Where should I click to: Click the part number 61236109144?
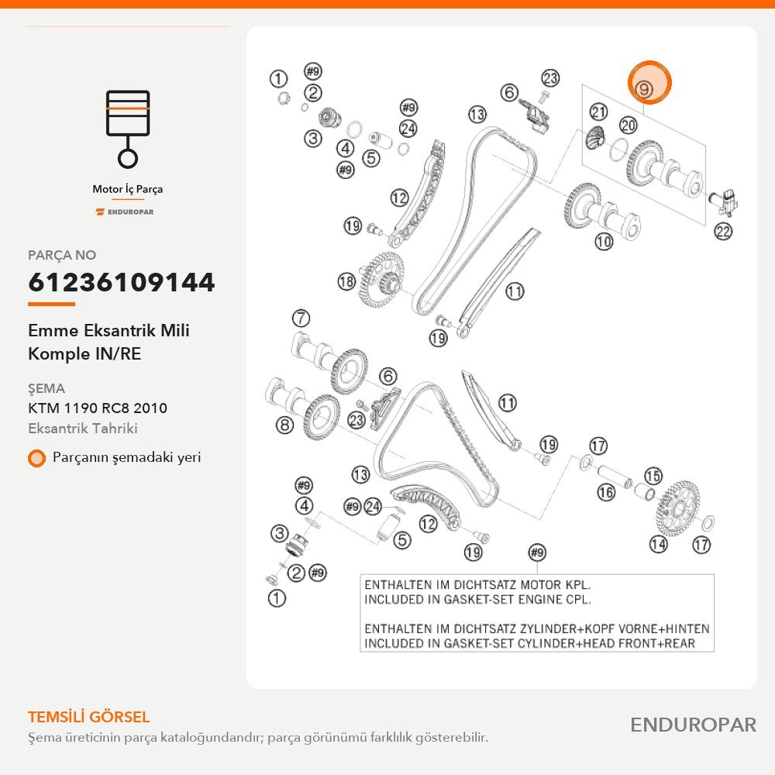point(122,282)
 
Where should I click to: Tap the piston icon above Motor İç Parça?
point(128,129)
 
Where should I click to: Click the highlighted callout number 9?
point(644,89)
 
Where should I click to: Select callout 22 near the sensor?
point(723,231)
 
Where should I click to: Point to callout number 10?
point(604,242)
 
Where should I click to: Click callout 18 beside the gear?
point(346,282)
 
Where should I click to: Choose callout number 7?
point(301,319)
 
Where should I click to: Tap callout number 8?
point(284,425)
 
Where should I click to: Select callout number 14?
point(658,544)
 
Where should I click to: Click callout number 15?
point(653,476)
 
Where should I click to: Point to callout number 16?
point(606,492)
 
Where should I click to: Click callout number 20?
point(629,125)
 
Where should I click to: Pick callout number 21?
point(598,112)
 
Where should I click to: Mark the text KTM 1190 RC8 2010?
point(98,408)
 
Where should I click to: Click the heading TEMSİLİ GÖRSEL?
point(89,717)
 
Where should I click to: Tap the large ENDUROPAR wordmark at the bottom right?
point(694,725)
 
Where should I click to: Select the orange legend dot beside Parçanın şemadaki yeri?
point(36,458)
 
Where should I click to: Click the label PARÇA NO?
point(62,255)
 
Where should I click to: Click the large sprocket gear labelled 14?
point(679,508)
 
